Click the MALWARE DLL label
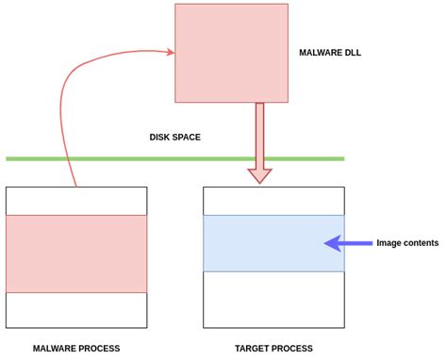329,53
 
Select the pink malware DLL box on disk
230,53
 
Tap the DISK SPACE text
174,138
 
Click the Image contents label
407,243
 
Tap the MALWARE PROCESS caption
76,349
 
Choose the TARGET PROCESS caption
273,349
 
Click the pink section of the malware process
76,254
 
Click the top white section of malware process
76,201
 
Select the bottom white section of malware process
76,310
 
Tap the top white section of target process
273,201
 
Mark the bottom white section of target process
273,300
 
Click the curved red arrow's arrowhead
170,53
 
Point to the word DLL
352,53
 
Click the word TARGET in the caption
253,349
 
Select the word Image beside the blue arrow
389,243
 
